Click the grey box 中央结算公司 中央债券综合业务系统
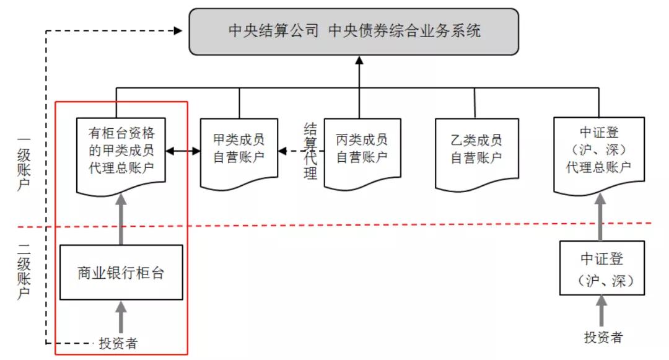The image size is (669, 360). [354, 31]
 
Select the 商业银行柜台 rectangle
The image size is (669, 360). [121, 273]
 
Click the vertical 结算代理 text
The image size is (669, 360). [310, 151]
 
